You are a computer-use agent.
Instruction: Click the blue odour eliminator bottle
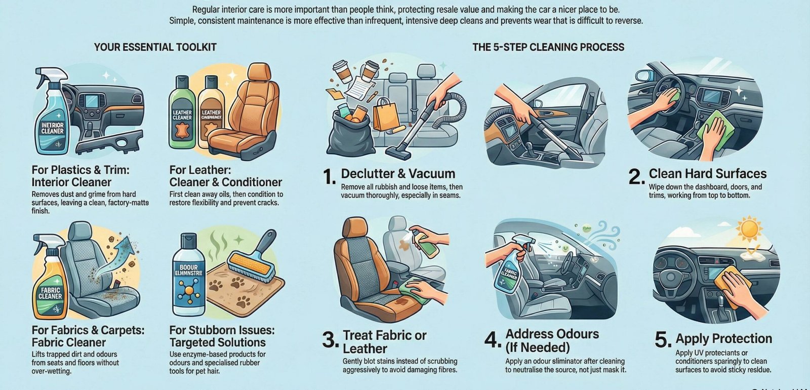[x=188, y=276]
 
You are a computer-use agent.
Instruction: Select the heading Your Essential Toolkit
[x=155, y=47]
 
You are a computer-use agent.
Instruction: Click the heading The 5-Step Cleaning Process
[x=548, y=47]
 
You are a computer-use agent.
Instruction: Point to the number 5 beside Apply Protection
[x=663, y=340]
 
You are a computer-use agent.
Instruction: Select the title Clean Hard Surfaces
[x=707, y=174]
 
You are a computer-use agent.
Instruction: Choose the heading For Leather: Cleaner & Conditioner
[x=225, y=176]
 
